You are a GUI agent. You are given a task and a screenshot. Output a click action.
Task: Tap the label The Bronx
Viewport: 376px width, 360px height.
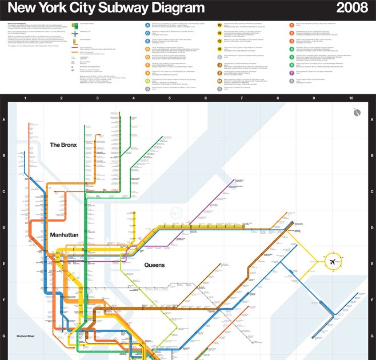(x=63, y=145)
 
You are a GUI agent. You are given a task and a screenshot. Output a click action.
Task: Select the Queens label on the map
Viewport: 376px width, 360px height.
(x=154, y=265)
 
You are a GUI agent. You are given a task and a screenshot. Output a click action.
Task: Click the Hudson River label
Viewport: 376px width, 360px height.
(x=26, y=337)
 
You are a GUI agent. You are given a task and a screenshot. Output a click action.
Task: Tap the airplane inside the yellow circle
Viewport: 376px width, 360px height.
(x=331, y=262)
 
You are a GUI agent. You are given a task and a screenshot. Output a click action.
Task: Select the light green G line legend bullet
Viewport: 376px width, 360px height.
(x=147, y=81)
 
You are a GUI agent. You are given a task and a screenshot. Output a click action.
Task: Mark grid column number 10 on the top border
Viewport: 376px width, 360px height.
(x=351, y=99)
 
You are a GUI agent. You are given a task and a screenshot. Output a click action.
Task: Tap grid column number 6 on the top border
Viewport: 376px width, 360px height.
(x=206, y=99)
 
